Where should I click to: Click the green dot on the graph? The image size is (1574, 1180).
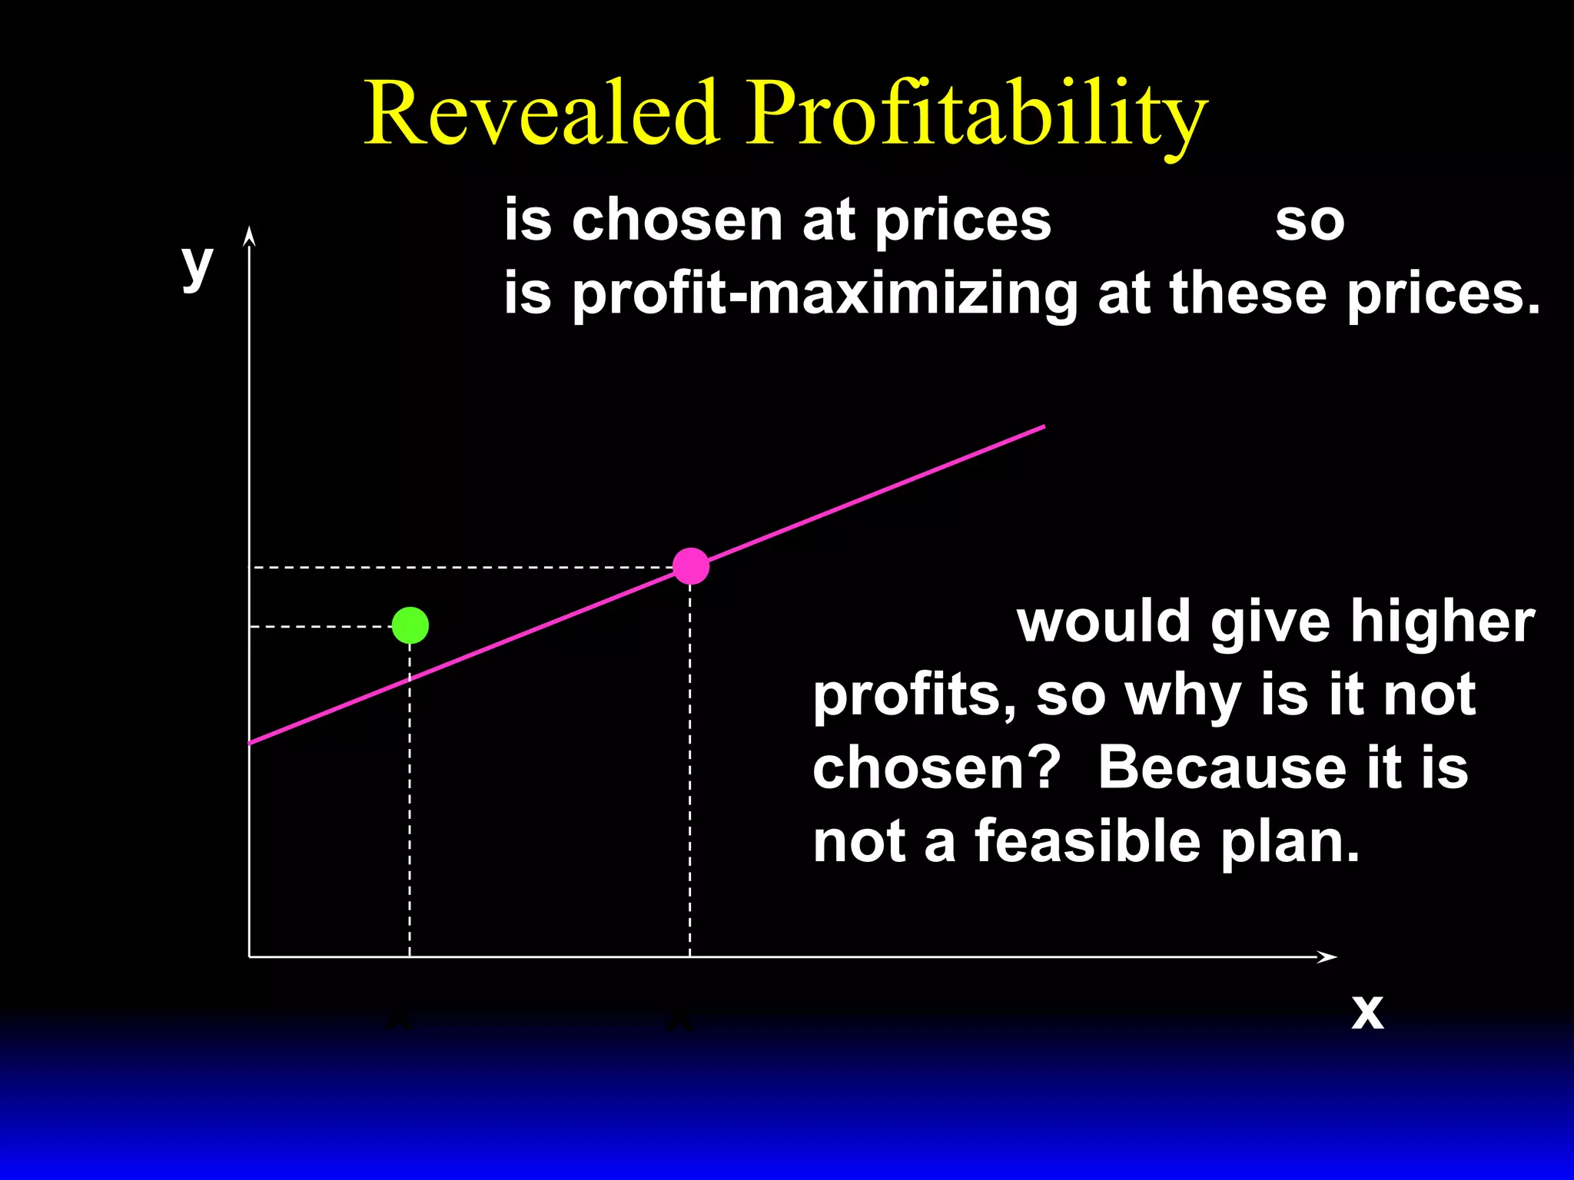pyautogui.click(x=410, y=625)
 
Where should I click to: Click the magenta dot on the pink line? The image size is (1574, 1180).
pyautogui.click(x=691, y=566)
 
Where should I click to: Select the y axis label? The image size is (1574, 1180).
pyautogui.click(x=198, y=265)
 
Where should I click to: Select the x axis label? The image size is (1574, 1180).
pyautogui.click(x=1367, y=1012)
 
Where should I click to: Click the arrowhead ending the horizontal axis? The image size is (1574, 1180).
pyautogui.click(x=1327, y=956)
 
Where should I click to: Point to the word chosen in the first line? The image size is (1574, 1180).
pyautogui.click(x=676, y=220)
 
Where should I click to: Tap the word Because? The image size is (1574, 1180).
pyautogui.click(x=1221, y=767)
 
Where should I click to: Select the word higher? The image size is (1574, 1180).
pyautogui.click(x=1443, y=621)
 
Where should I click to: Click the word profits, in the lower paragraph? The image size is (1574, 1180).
pyautogui.click(x=915, y=695)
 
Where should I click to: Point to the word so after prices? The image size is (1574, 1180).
pyautogui.click(x=1310, y=222)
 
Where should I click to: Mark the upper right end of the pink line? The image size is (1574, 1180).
pyautogui.click(x=1043, y=426)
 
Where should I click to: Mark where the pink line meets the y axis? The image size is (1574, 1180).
pyautogui.click(x=250, y=743)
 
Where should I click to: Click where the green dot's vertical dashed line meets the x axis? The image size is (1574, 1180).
pyautogui.click(x=410, y=956)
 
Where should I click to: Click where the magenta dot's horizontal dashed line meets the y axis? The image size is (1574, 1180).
pyautogui.click(x=250, y=567)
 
